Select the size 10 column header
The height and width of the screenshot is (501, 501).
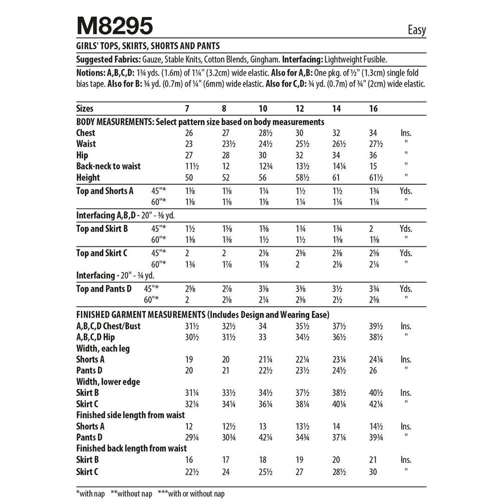(263, 109)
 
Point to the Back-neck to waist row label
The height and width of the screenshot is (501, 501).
(108, 166)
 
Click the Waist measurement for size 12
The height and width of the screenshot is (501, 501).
(301, 144)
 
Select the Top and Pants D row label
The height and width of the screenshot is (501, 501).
(104, 289)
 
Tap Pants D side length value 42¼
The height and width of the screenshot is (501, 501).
(266, 437)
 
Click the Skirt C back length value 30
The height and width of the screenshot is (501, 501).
(372, 471)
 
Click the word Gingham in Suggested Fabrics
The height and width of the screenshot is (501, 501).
(265, 59)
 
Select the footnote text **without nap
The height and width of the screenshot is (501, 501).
(132, 494)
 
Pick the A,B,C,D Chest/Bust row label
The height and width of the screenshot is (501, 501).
(108, 326)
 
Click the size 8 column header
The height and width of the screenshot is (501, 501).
(224, 109)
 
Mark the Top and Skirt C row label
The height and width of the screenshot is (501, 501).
(102, 253)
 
